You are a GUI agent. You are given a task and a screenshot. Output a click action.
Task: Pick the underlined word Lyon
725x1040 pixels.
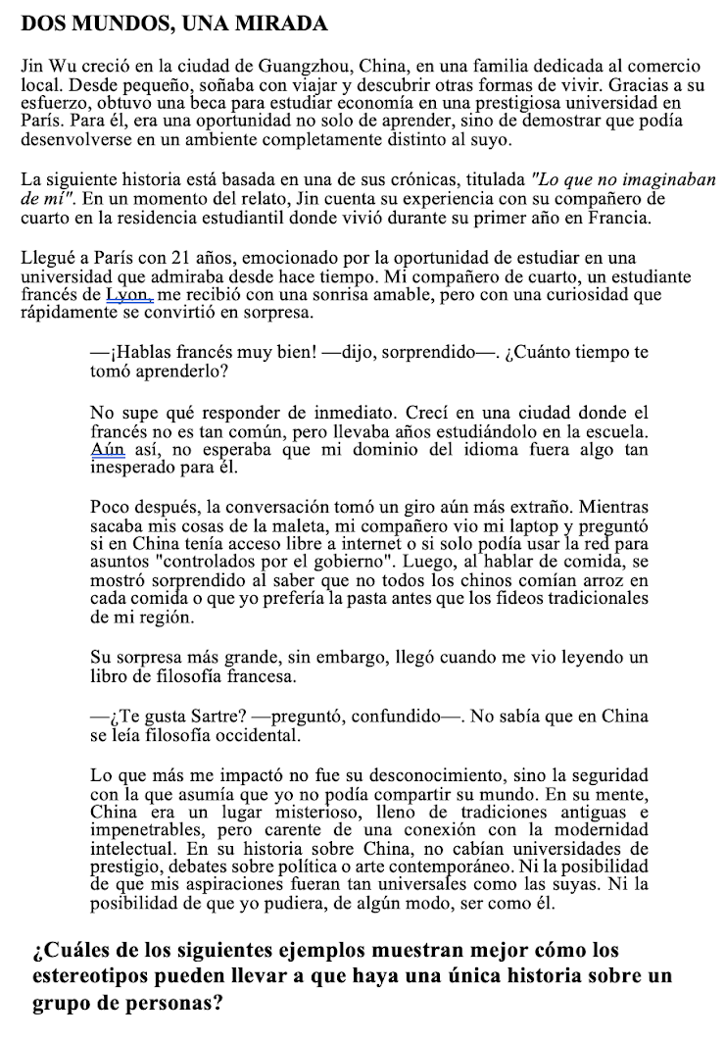click(x=129, y=294)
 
